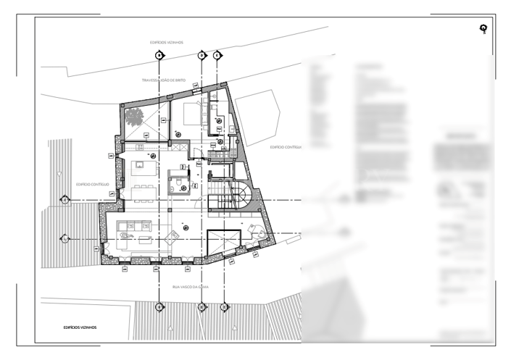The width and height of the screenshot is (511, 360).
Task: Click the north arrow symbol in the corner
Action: [x=483, y=29]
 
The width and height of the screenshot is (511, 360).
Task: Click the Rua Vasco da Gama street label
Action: [x=191, y=287]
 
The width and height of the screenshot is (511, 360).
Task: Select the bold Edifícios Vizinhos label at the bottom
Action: [x=80, y=327]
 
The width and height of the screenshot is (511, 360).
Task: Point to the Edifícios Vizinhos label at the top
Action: [x=167, y=43]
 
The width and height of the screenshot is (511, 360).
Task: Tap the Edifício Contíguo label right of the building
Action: [x=285, y=147]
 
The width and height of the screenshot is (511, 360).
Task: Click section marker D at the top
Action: [x=202, y=55]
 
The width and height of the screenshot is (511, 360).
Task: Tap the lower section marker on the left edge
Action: [x=65, y=238]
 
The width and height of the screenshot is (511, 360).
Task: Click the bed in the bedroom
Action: [x=192, y=112]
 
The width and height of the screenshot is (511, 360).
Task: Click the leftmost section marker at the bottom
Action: [x=159, y=307]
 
